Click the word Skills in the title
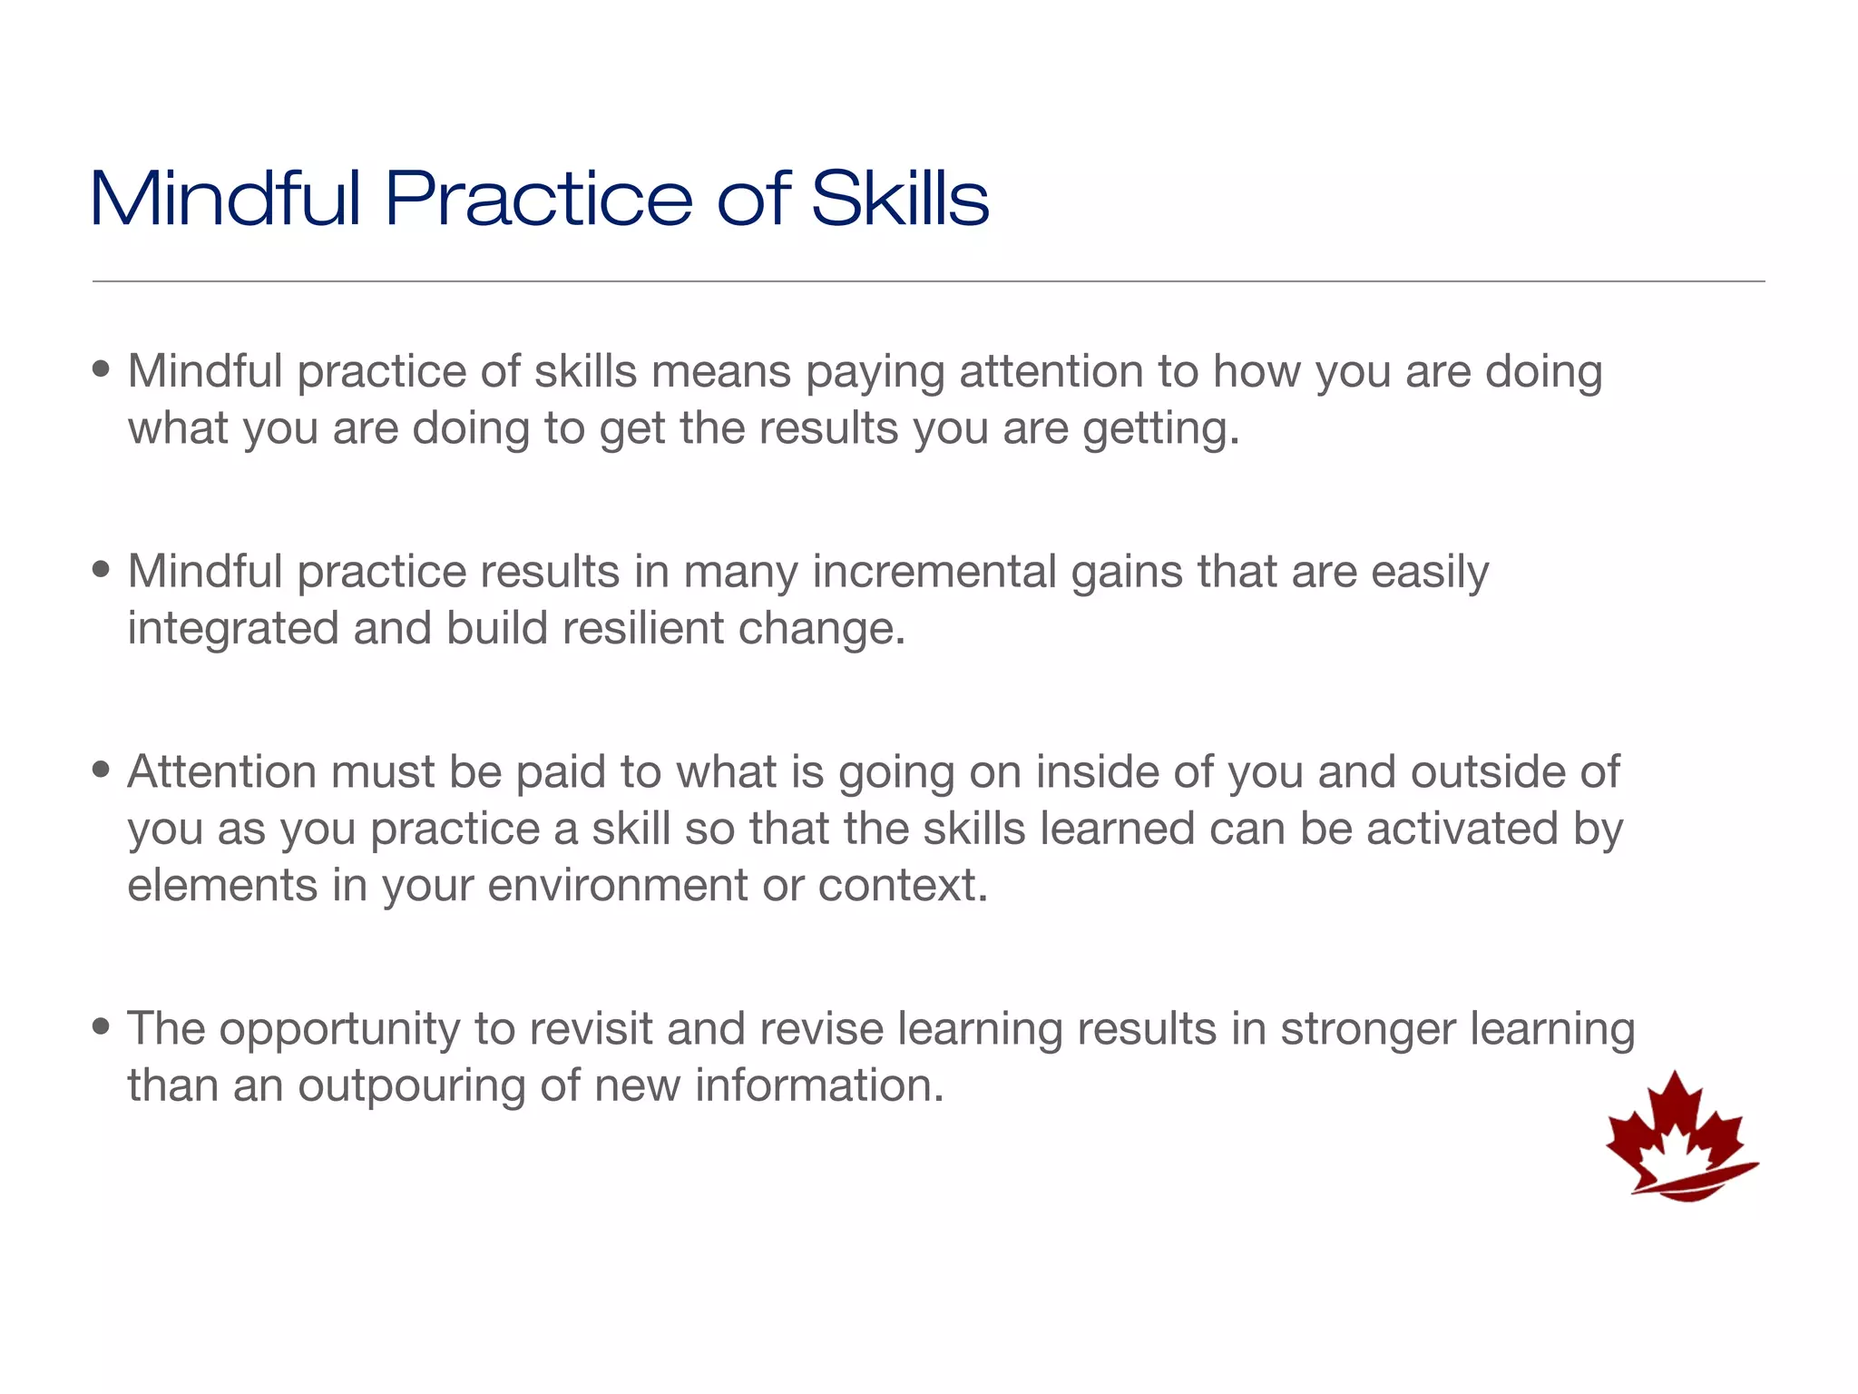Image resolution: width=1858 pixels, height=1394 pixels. (x=899, y=199)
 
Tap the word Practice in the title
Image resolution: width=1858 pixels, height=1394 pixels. (x=538, y=199)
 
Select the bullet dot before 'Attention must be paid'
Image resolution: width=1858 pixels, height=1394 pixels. (x=102, y=771)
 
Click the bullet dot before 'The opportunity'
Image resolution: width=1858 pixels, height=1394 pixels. (x=102, y=1027)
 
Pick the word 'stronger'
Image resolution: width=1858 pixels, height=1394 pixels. (x=1367, y=1029)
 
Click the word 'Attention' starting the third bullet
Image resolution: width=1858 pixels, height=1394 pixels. (x=221, y=771)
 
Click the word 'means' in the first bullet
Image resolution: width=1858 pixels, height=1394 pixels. (x=721, y=372)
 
